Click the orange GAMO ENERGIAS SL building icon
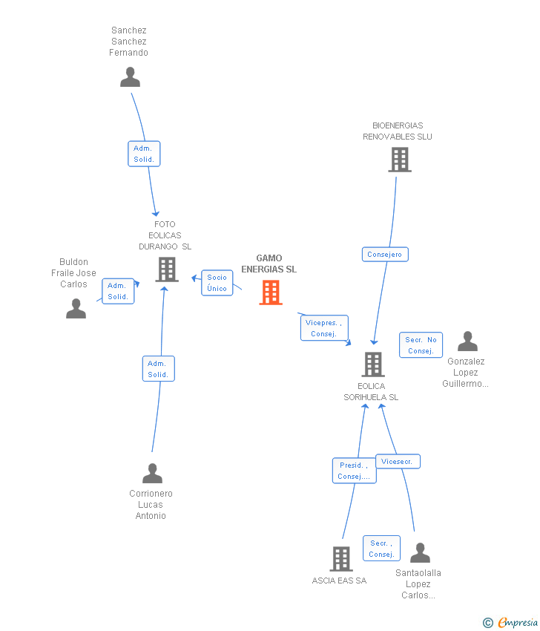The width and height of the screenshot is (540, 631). pos(271,292)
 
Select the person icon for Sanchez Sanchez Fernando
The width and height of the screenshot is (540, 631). pos(130,77)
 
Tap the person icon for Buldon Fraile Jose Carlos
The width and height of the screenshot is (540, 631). pos(76,308)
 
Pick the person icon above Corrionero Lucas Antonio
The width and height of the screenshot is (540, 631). pos(152,473)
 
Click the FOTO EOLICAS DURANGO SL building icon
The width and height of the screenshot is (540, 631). pos(167,269)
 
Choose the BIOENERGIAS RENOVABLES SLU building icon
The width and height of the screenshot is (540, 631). pos(399,160)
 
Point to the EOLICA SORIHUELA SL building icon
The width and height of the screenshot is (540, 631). pos(372,364)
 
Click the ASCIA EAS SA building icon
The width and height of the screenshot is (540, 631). pos(340,558)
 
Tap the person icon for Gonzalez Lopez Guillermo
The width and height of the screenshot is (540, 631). pos(467,341)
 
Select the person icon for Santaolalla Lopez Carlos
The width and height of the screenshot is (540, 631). pos(420,553)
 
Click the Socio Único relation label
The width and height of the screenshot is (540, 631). pos(217,283)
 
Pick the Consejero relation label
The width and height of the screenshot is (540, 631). pos(385,255)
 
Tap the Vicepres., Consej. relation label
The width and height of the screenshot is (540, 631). pos(324,328)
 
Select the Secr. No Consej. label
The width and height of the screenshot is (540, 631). pos(421,345)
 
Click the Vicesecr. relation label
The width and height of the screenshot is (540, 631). pos(398,462)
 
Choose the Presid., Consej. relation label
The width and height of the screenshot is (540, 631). pos(354,471)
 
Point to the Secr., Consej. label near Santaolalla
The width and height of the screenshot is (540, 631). pos(381,549)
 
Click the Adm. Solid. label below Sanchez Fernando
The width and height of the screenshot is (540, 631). pos(144,154)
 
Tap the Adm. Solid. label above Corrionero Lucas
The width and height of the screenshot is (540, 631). pos(158,369)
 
